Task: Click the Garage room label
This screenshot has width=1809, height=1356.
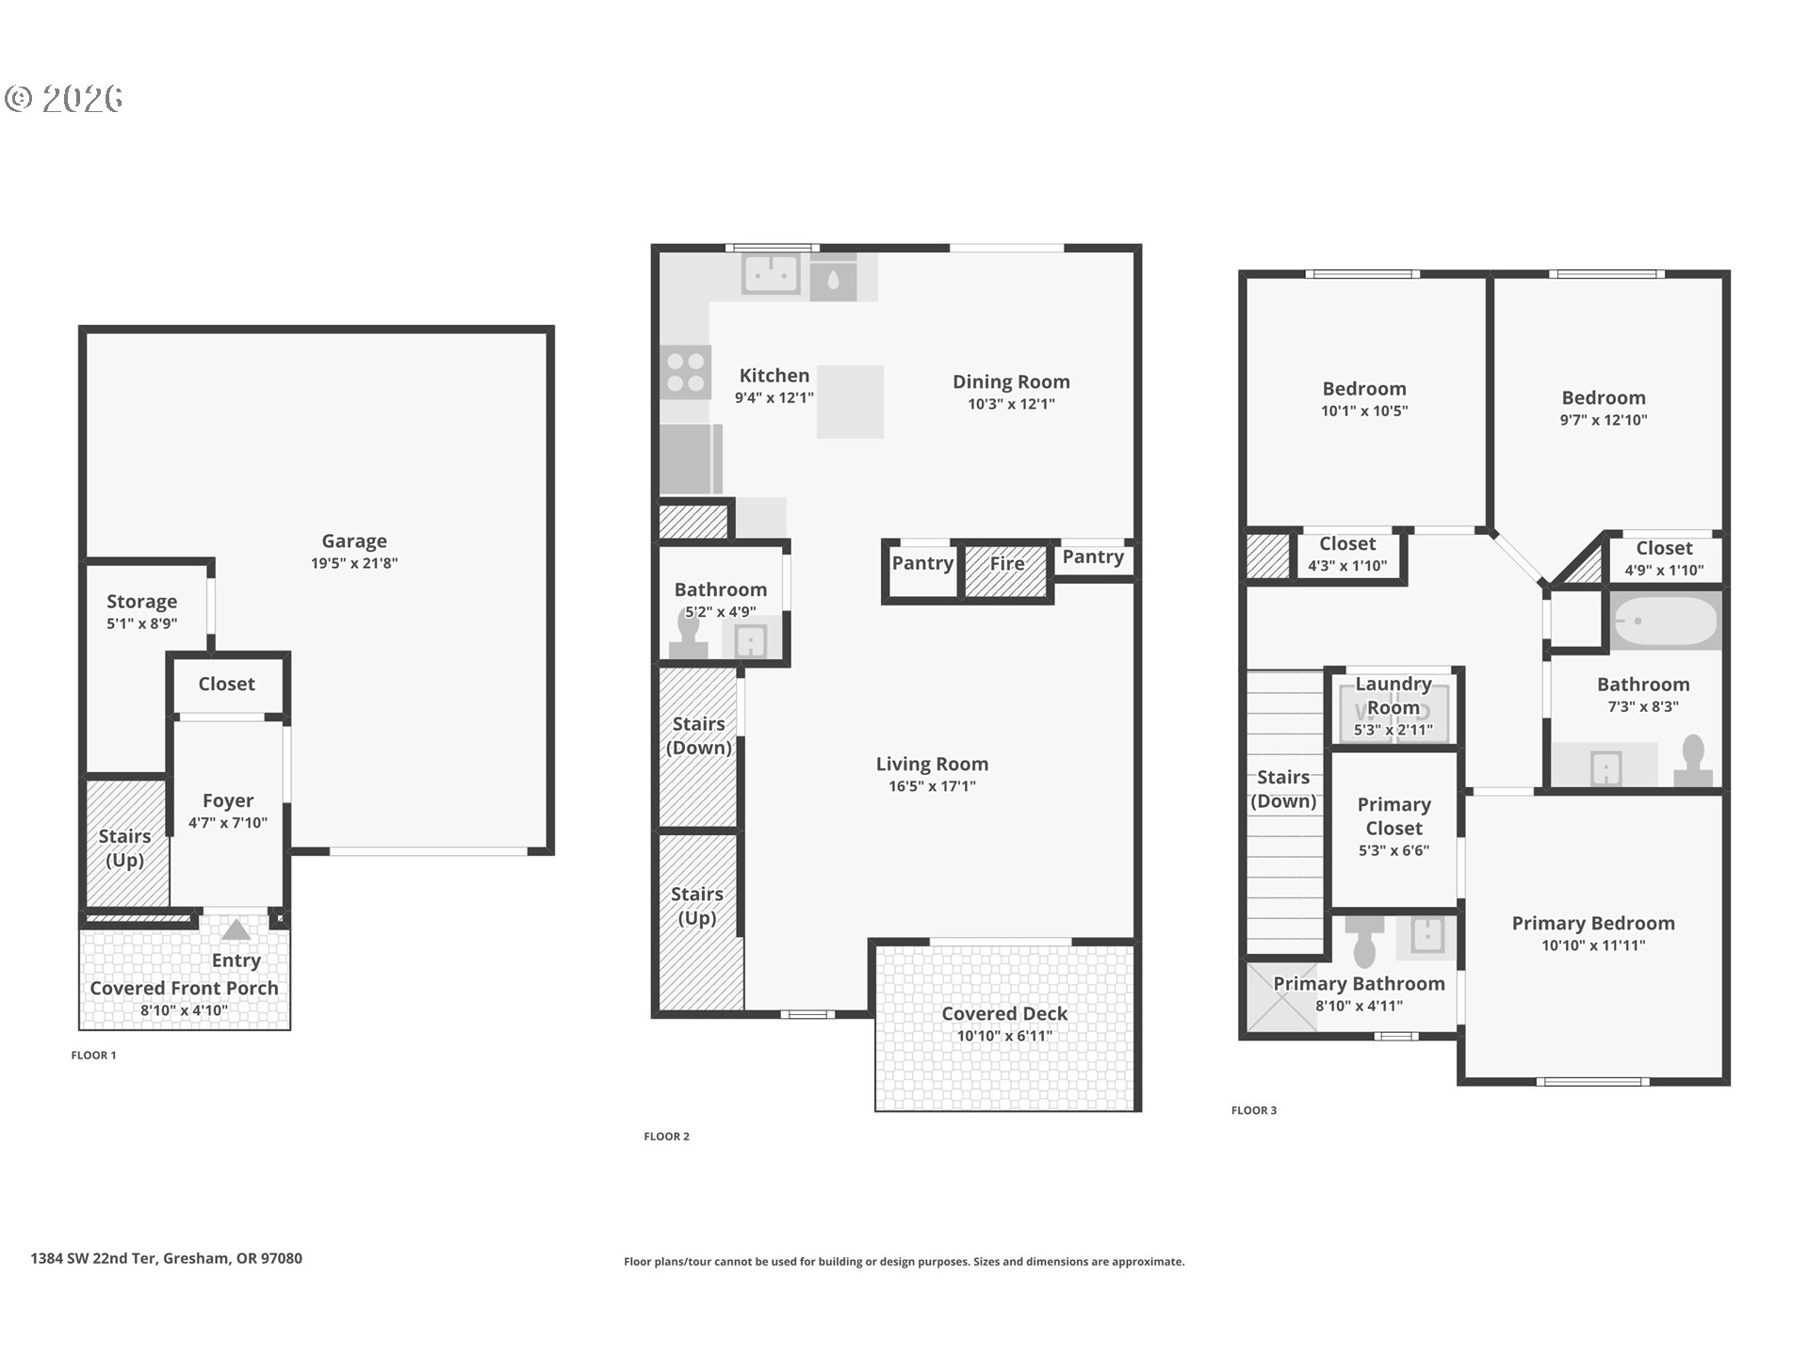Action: click(354, 541)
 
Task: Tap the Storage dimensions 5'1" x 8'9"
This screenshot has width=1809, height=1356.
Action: click(141, 623)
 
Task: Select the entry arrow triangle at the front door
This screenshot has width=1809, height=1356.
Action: click(236, 929)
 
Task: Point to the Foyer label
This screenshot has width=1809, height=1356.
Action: click(228, 800)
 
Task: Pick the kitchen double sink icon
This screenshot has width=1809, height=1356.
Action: click(772, 275)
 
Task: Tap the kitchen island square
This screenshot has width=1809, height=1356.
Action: click(850, 402)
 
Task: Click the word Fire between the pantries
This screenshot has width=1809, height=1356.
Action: click(1007, 563)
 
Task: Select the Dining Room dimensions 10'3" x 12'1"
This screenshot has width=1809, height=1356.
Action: click(1011, 404)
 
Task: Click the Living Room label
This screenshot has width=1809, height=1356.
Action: click(932, 764)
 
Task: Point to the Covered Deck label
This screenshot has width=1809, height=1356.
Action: click(1004, 1013)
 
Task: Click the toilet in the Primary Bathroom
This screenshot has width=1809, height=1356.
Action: click(1364, 941)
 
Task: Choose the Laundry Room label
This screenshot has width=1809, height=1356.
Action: click(1393, 695)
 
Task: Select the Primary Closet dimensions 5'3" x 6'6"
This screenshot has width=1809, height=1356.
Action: click(1393, 850)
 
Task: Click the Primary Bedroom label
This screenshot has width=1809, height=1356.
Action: click(1593, 923)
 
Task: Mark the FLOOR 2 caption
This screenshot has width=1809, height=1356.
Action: click(666, 1137)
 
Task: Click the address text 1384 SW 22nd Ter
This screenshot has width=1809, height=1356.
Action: click(93, 1258)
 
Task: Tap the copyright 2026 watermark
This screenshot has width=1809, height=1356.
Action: click(64, 98)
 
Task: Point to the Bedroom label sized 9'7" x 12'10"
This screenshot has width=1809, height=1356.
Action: click(1604, 397)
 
